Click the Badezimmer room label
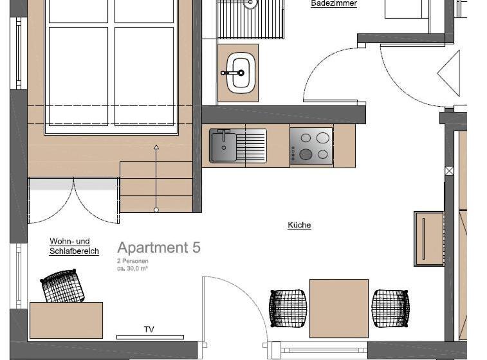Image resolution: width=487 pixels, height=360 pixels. [x=333, y=4]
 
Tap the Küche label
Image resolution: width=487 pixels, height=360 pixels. [x=299, y=225]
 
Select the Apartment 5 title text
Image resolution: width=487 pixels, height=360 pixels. [x=159, y=248]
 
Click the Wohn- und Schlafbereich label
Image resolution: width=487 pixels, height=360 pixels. [x=74, y=246]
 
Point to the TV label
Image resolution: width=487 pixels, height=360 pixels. [x=149, y=329]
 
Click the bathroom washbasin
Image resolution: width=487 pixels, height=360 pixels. [x=240, y=73]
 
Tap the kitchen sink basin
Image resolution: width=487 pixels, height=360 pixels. [x=223, y=147]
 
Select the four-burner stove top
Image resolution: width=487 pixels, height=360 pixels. [x=311, y=146]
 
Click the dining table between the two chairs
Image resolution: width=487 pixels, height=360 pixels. [x=338, y=308]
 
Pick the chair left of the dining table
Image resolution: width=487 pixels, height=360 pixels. [x=288, y=309]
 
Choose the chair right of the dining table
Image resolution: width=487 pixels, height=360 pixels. [x=390, y=309]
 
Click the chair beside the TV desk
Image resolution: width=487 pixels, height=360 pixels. [x=63, y=286]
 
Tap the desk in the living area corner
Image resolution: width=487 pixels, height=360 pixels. [x=66, y=320]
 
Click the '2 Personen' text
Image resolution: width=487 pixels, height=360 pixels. [x=133, y=261]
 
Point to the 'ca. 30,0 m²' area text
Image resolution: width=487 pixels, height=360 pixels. [x=133, y=269]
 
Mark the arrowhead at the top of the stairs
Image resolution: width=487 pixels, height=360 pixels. [x=156, y=148]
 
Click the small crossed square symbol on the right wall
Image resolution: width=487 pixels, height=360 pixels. [x=449, y=171]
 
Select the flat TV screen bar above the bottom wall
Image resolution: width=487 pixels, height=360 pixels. [x=150, y=337]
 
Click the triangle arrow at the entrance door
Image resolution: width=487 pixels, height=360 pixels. [x=450, y=73]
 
